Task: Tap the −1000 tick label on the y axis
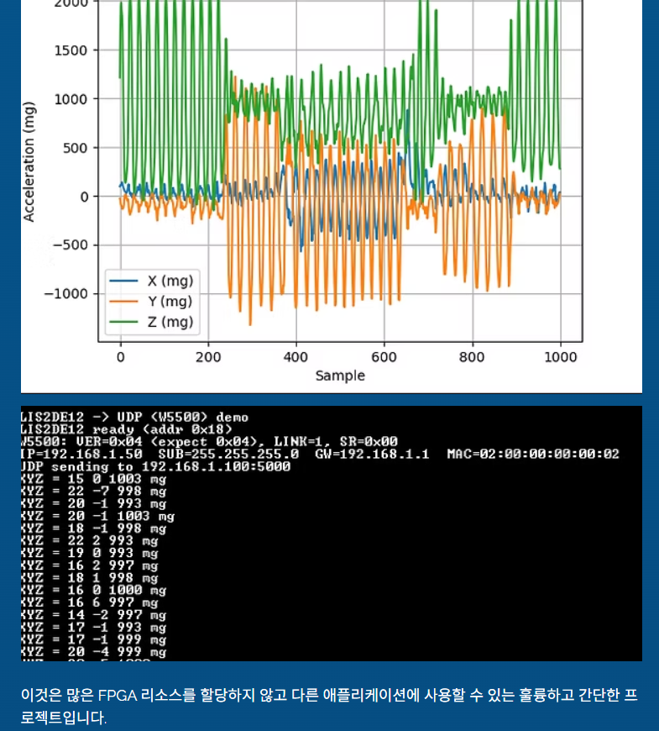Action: tap(65, 294)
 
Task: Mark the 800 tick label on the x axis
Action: tap(472, 357)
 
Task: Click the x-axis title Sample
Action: tap(340, 376)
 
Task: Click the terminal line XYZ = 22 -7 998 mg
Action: tap(93, 491)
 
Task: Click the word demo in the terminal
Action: tap(232, 417)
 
